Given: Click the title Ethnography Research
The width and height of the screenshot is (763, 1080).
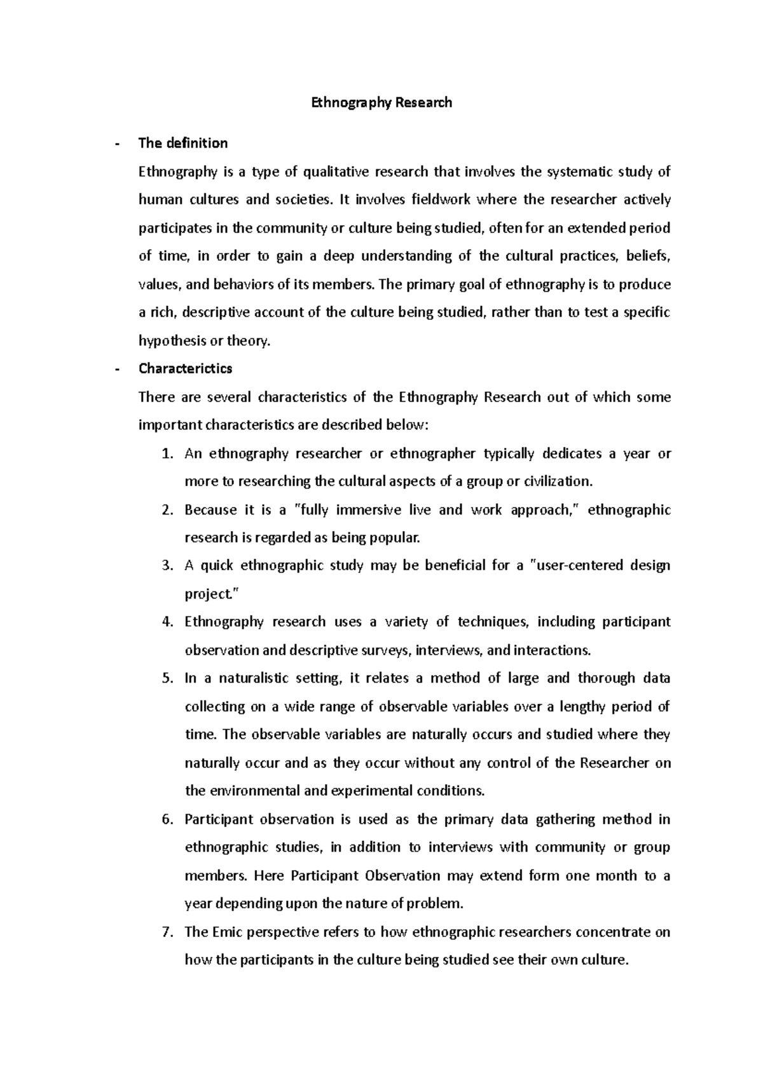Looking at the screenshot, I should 381,102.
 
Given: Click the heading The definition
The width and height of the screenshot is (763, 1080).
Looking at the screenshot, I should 182,143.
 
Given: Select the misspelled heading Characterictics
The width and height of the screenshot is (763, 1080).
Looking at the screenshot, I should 185,368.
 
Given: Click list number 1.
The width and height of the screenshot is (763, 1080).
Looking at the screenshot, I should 167,454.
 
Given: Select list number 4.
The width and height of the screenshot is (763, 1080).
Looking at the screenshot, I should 167,622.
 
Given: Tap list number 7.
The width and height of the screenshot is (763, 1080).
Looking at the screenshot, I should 167,932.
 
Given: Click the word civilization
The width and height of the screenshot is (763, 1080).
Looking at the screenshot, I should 557,481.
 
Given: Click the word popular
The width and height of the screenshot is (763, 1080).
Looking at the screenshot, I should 399,538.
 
